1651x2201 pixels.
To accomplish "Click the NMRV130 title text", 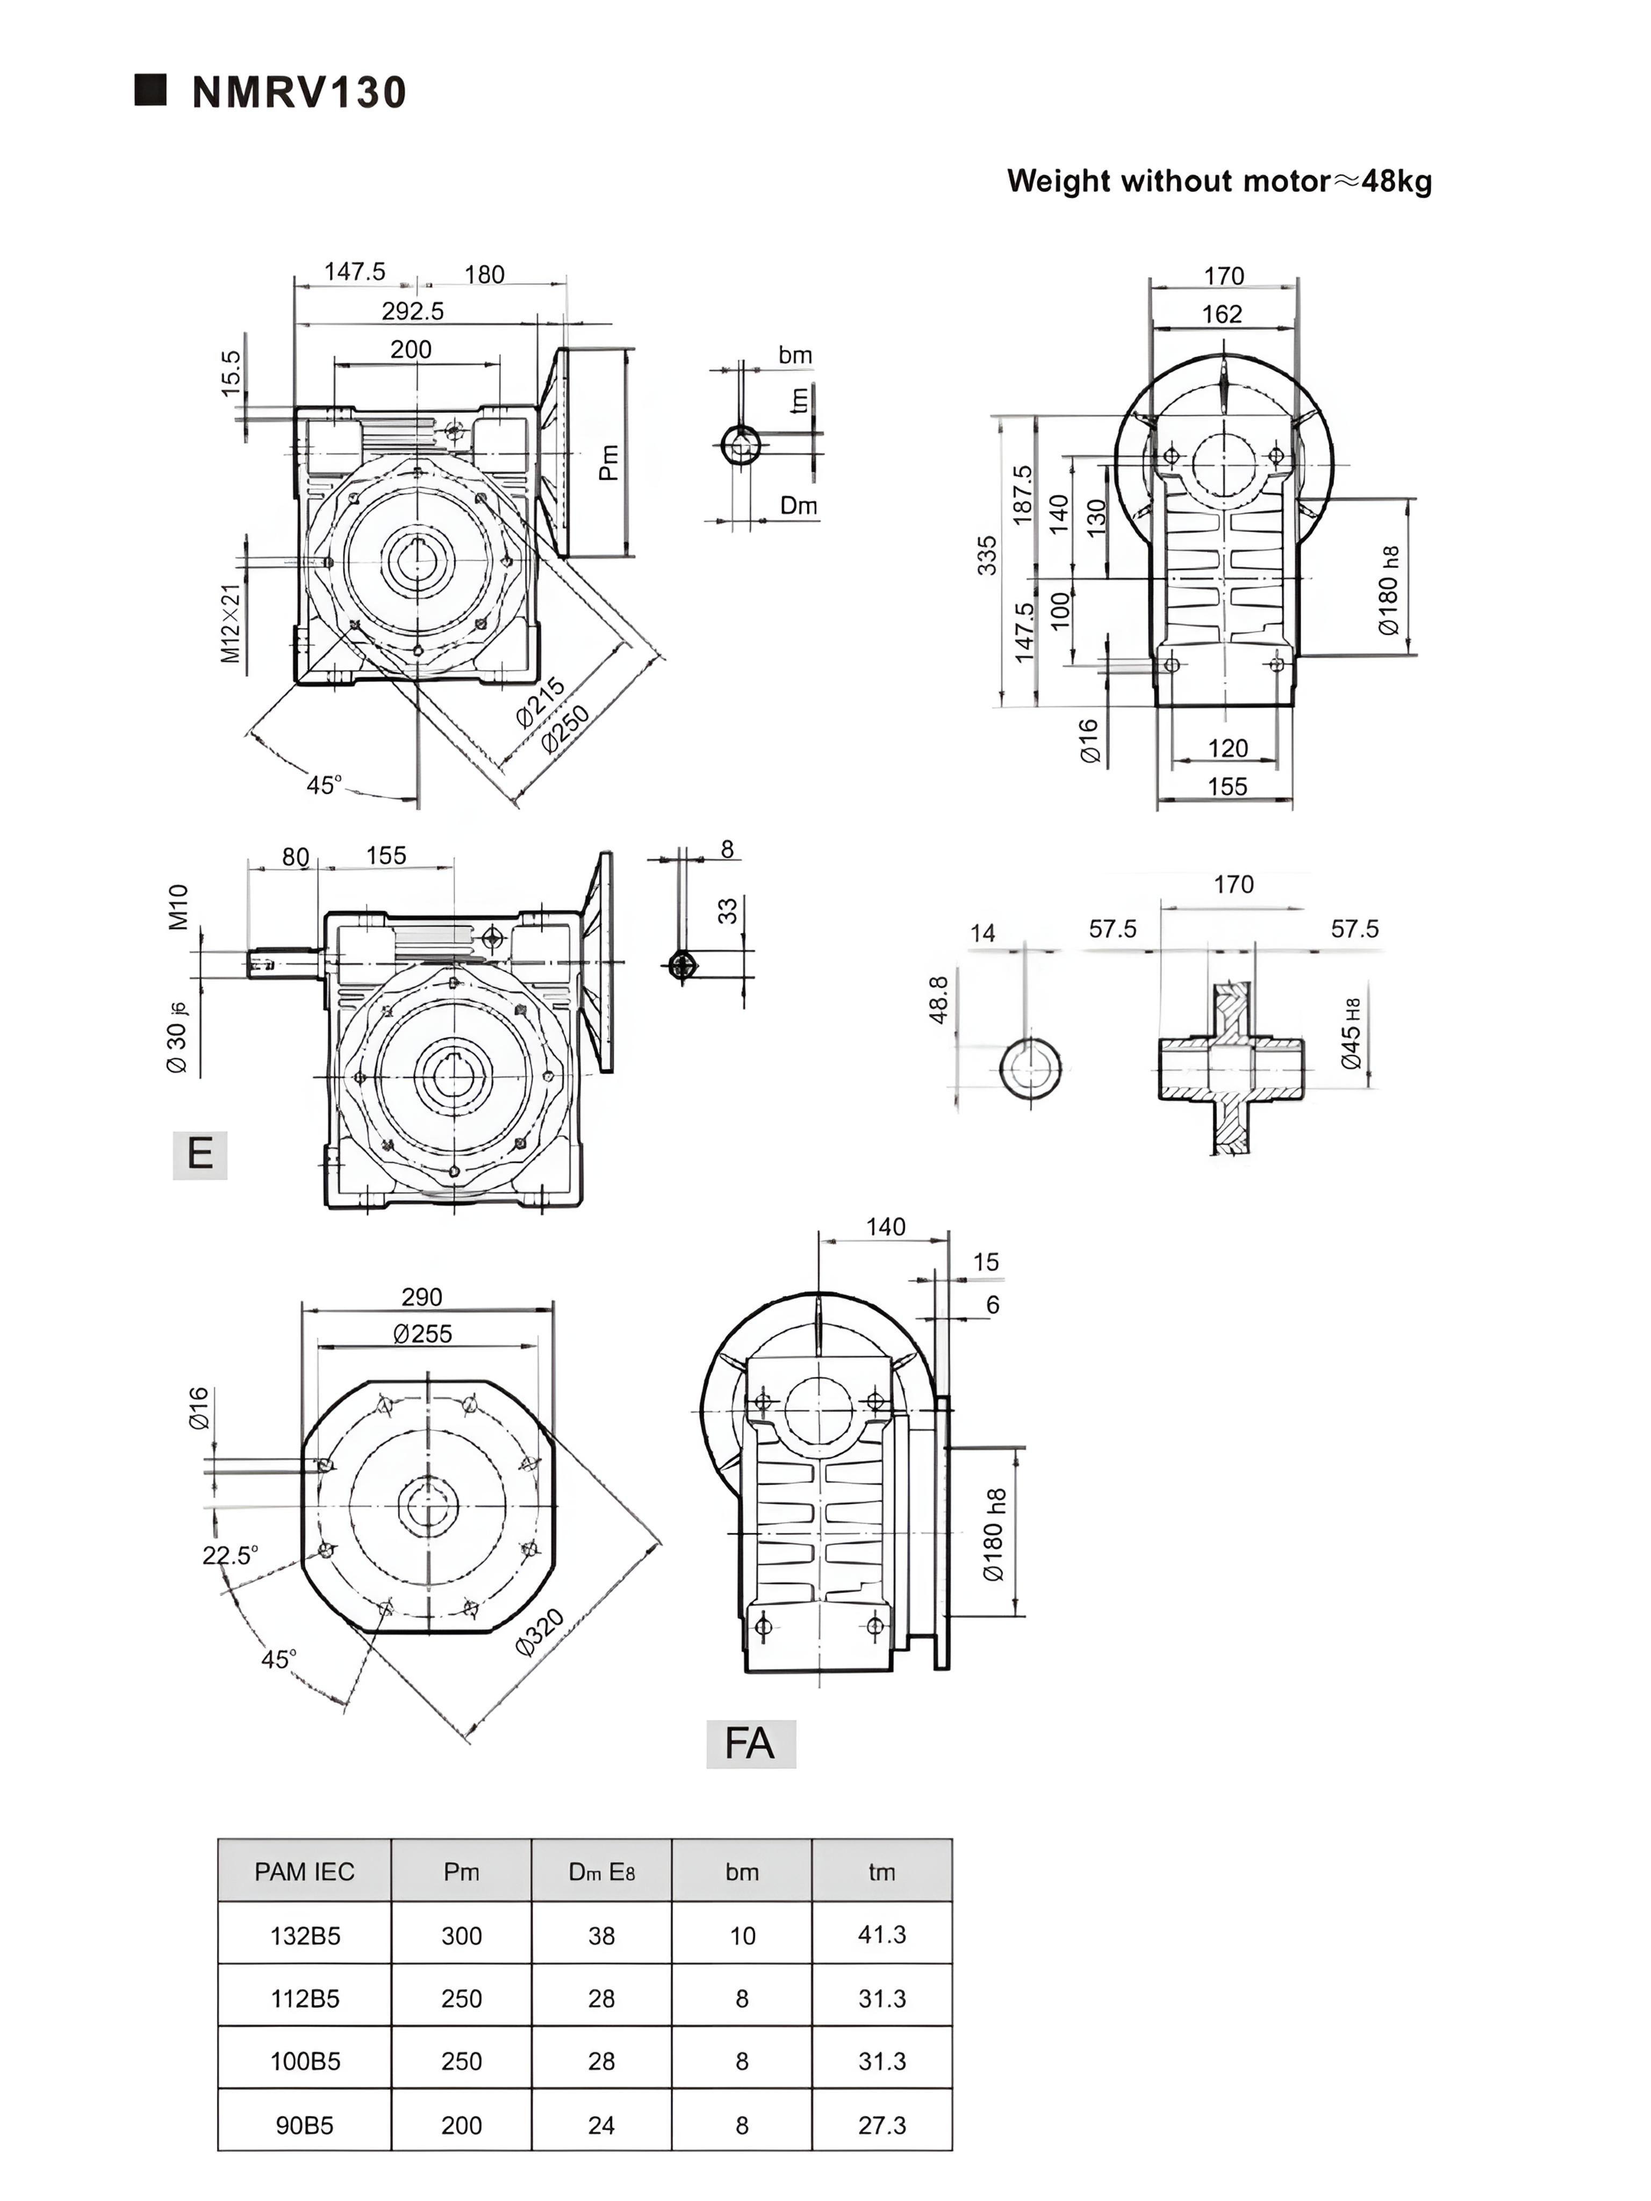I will (299, 92).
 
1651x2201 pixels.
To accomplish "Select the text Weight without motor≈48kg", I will (1218, 181).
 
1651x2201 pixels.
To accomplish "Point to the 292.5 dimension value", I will (412, 312).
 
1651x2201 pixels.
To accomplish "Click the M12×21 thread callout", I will (231, 623).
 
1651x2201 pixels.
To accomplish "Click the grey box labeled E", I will (200, 1154).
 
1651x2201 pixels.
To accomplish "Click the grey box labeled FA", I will (750, 1743).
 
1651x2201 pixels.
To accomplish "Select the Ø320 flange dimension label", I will (540, 1632).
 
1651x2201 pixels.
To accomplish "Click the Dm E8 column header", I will (601, 1872).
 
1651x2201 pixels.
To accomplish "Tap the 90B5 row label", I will (305, 2125).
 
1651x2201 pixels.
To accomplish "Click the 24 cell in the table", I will (601, 2125).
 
